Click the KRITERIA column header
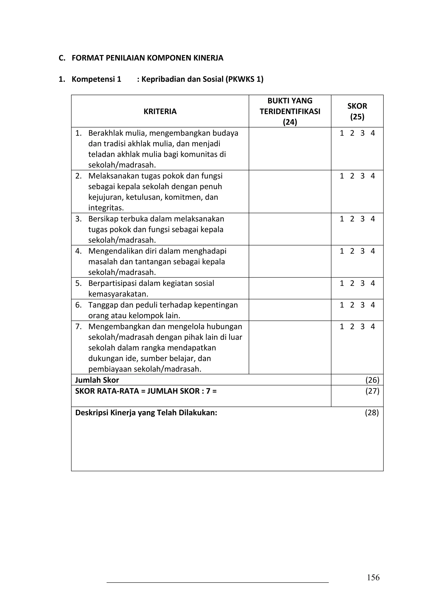tap(160, 112)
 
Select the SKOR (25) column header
tap(357, 111)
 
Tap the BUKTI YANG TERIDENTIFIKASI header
tap(290, 111)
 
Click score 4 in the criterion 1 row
tap(373, 133)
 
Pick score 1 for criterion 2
tap(342, 176)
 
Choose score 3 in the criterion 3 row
tap(363, 219)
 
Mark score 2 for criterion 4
tap(352, 251)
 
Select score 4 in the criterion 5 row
tap(373, 283)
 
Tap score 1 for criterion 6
tap(342, 305)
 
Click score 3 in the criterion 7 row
tap(363, 326)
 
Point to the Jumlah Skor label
tap(97, 380)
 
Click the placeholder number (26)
tap(372, 380)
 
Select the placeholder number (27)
tap(372, 391)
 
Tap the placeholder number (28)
tap(372, 413)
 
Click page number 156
tap(373, 577)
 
